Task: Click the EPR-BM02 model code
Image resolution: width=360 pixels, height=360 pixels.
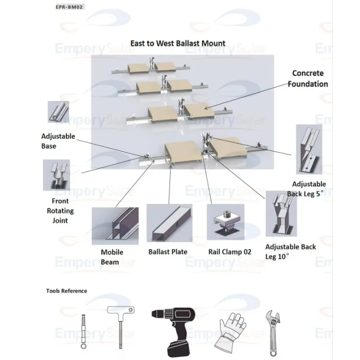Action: click(x=69, y=7)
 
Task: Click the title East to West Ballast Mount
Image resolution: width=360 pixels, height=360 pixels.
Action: click(x=178, y=43)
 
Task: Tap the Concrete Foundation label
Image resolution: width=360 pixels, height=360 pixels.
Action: click(x=308, y=78)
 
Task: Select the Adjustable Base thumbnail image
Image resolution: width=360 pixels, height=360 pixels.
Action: click(x=58, y=112)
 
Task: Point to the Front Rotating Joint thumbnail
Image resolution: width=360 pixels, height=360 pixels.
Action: click(x=57, y=175)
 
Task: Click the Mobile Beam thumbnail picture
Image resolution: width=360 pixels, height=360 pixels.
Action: click(x=115, y=226)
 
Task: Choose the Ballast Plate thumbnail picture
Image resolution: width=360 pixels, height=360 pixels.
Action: click(x=170, y=223)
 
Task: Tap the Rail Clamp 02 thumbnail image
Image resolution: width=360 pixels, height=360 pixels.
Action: click(x=225, y=222)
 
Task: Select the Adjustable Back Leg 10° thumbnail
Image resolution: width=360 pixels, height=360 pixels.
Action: click(x=281, y=213)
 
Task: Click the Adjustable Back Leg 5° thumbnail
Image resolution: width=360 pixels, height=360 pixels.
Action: click(x=309, y=149)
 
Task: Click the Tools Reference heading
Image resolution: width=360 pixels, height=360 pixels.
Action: click(x=67, y=291)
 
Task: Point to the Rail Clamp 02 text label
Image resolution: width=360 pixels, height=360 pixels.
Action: click(x=230, y=252)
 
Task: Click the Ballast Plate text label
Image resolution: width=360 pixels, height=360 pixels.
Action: click(x=168, y=252)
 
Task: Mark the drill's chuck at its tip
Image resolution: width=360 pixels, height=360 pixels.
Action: click(x=153, y=313)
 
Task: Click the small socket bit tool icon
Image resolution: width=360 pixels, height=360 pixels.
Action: click(x=84, y=332)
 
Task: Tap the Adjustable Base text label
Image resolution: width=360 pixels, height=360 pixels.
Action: click(x=58, y=141)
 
